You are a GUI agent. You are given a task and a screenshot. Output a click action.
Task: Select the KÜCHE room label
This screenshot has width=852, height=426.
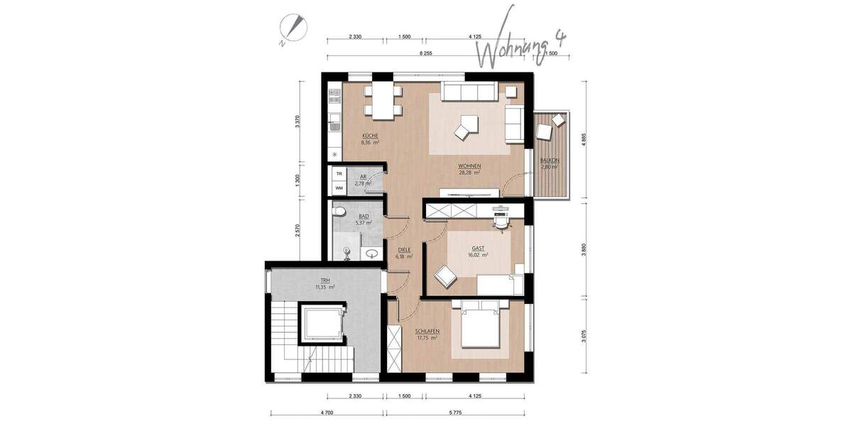coord(369,138)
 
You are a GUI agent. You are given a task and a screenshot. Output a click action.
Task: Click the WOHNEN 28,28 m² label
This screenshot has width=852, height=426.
coord(469,169)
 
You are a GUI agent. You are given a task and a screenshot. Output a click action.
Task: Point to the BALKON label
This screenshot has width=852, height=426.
coord(549,163)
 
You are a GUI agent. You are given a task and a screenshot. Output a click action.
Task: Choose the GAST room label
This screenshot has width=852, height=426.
coord(476,253)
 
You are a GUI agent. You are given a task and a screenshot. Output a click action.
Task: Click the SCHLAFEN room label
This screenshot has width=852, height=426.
coord(427,334)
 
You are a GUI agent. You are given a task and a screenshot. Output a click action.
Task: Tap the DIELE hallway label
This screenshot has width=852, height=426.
coord(403,253)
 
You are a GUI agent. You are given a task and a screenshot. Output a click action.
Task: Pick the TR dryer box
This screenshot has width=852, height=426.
coord(339,174)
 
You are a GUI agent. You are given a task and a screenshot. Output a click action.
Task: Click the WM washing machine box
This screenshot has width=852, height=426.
coord(339,187)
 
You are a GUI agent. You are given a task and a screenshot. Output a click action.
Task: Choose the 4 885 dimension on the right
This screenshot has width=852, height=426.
coord(583,139)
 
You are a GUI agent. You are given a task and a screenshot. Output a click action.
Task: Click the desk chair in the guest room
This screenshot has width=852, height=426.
coord(503,222)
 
